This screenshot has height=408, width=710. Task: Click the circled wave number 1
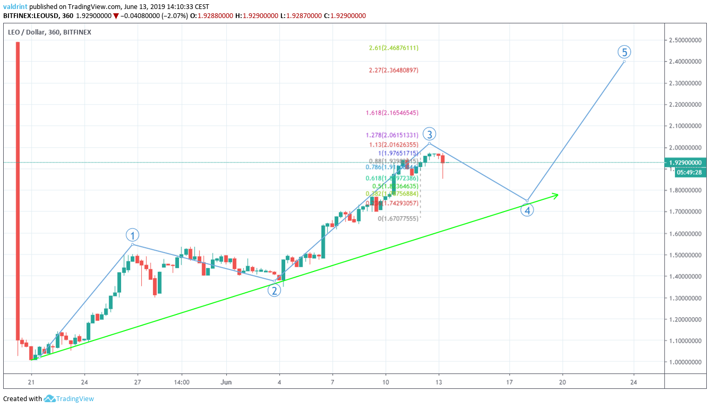132,234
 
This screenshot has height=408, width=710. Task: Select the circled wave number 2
274,290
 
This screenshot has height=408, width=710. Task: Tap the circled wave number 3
430,134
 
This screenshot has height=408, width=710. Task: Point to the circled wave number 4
527,210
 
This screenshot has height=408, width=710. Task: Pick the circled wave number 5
625,52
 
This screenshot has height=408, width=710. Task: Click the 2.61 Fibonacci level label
394,48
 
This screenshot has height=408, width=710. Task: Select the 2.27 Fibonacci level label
394,70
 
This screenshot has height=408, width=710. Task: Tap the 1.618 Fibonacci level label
392,113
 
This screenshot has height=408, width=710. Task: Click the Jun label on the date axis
226,382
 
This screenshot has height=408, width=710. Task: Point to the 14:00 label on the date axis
182,382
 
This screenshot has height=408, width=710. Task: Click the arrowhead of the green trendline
556,195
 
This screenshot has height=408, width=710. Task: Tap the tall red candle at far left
18,191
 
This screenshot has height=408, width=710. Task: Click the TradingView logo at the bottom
69,399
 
